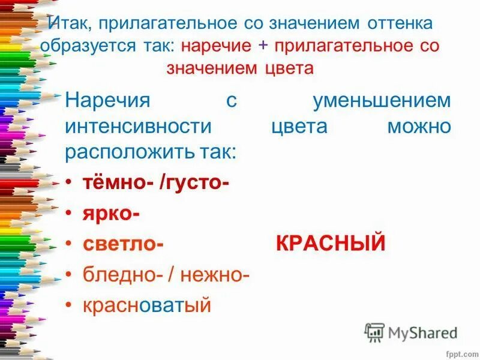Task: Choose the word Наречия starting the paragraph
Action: click(x=107, y=100)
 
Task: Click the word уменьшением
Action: click(x=382, y=100)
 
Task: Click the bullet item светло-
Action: click(x=123, y=244)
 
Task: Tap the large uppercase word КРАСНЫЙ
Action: click(x=331, y=244)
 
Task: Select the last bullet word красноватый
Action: click(x=147, y=305)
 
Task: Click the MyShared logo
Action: click(x=411, y=332)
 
